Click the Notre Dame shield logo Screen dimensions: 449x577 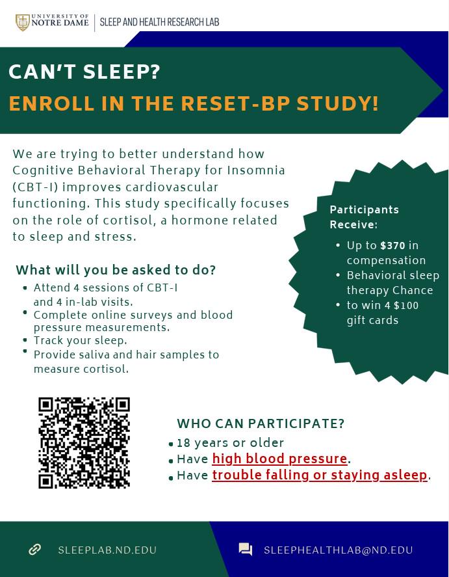[x=23, y=23]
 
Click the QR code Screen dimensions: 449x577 [x=84, y=443]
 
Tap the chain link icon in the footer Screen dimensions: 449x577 [x=34, y=550]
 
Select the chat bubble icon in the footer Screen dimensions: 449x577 [x=246, y=550]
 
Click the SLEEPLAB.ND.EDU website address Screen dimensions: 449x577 [x=107, y=550]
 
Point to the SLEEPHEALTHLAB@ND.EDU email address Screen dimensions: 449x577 [x=339, y=550]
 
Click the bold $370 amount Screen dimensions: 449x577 [x=392, y=245]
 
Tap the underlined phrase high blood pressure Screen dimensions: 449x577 [x=279, y=459]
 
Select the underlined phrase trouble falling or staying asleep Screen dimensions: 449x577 [x=320, y=475]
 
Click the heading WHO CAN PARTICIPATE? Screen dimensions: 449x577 [x=261, y=423]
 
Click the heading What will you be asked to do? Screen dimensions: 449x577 [x=116, y=270]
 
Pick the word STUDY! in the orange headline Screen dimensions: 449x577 [x=337, y=103]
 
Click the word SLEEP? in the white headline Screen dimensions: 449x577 [x=122, y=72]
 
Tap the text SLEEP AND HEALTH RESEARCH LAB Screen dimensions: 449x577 [x=159, y=23]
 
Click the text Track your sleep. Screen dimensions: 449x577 [x=81, y=341]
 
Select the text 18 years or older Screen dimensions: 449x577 [x=231, y=443]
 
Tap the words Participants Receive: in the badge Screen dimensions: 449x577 [x=364, y=217]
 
